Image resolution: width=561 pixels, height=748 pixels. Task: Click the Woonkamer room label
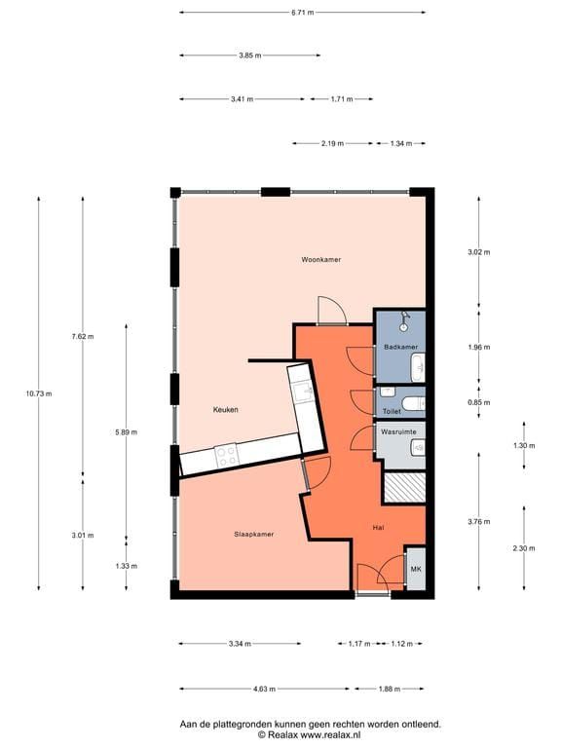[x=321, y=259]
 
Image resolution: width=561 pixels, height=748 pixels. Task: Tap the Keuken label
[x=225, y=409]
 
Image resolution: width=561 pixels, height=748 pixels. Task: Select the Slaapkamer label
[x=254, y=535]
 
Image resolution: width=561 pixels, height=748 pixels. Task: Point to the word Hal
[x=378, y=528]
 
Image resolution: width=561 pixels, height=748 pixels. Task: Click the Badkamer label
[x=400, y=347]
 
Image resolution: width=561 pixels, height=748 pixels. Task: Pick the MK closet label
[x=416, y=569]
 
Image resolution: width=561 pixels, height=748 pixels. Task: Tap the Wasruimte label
[x=398, y=431]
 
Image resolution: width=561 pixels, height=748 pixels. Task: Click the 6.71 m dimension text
[x=303, y=13]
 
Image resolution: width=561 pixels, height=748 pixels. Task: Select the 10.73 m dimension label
[x=39, y=393]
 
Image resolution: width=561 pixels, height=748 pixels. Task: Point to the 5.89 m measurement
[x=126, y=432]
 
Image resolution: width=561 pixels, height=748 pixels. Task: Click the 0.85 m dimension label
[x=478, y=402]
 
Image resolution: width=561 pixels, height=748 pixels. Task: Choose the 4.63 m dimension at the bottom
[x=264, y=689]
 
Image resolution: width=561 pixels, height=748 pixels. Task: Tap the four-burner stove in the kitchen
[x=226, y=456]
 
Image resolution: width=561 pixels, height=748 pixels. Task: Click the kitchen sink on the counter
[x=304, y=393]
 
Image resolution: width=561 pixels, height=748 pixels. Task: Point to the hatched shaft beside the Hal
[x=405, y=488]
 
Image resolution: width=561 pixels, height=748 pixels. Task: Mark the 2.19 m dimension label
[x=332, y=143]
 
